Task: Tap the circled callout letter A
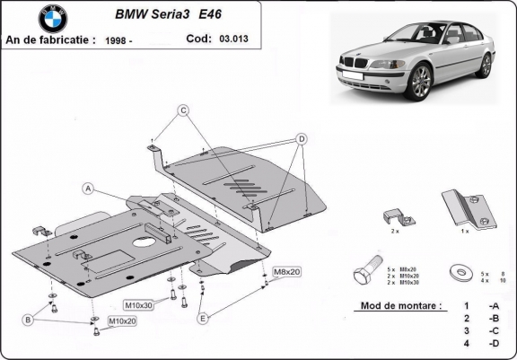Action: pos(89,189)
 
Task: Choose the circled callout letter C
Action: pos(182,110)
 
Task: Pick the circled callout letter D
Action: pos(302,138)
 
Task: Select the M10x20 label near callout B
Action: pos(122,320)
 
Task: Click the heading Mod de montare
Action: pos(399,305)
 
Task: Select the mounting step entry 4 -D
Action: pos(481,344)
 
